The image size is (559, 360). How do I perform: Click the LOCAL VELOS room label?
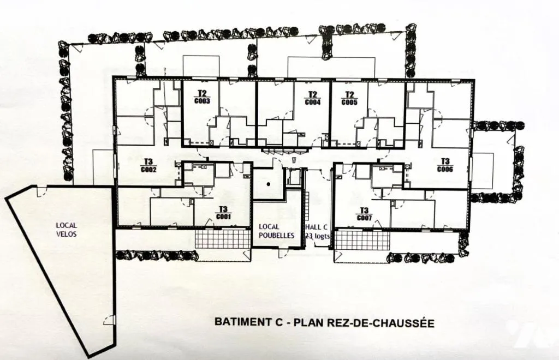66,230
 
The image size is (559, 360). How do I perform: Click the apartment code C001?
223,216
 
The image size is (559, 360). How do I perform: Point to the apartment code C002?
148,170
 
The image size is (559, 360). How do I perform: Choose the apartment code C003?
202,101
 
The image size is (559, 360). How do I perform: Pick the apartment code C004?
313,102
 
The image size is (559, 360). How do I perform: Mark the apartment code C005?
349,102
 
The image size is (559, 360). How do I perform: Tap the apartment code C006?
445,169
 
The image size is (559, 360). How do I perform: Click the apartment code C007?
364,218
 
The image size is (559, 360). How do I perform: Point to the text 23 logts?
317,236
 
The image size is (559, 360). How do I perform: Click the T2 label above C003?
202,93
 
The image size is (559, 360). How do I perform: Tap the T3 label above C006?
445,161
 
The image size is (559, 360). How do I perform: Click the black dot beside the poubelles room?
269,184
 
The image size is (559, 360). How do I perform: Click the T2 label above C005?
349,95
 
